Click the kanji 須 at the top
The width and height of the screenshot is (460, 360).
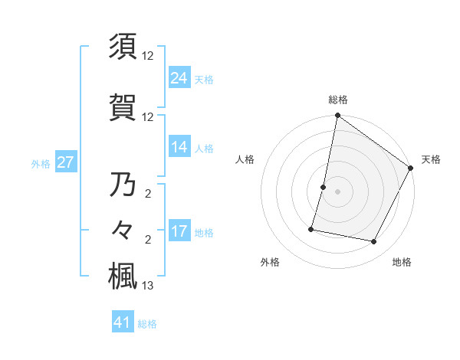(123, 47)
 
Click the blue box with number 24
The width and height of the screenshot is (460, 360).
(179, 77)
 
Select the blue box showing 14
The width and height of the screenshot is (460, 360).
(179, 147)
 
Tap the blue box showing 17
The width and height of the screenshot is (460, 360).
(179, 231)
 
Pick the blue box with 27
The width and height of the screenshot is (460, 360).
(65, 162)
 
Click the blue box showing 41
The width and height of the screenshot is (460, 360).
(123, 322)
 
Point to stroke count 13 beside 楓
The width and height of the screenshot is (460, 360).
(148, 286)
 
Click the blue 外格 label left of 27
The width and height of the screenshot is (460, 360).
(41, 163)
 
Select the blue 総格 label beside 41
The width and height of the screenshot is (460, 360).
(147, 324)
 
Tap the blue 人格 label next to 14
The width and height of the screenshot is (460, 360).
(204, 149)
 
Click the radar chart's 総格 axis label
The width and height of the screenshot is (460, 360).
(338, 100)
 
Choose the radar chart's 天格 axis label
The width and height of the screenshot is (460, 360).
(431, 159)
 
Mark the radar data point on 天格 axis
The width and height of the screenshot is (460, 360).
(411, 169)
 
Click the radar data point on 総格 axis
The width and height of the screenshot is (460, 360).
(337, 116)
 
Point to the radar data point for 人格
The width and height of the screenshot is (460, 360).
(324, 187)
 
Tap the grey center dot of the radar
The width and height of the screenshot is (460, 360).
(337, 191)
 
